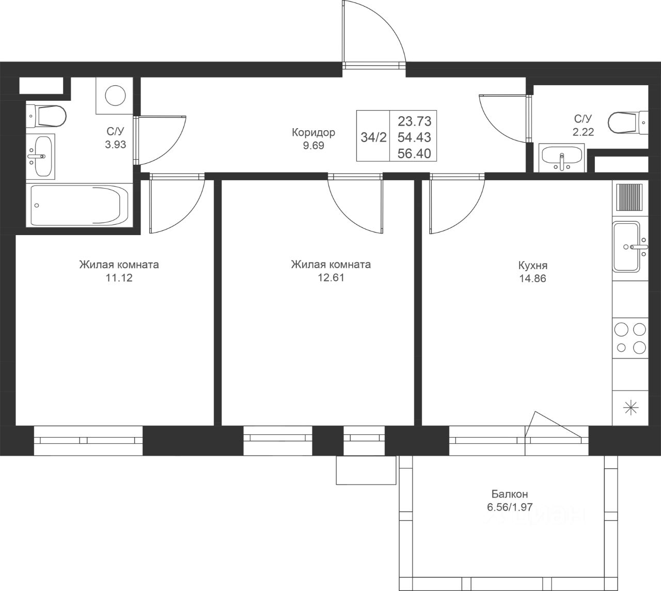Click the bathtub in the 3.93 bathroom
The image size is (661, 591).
point(80,205)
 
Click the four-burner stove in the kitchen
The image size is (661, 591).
point(630,338)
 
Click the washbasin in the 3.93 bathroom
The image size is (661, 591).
point(41,156)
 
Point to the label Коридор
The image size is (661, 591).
point(313,132)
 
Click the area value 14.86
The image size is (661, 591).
point(533,278)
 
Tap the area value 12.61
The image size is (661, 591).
point(331,277)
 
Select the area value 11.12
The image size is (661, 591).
point(119,278)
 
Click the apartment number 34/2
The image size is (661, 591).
point(373,137)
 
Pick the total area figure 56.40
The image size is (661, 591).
point(414,153)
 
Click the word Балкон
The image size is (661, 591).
point(510,494)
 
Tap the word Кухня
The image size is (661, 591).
point(533,266)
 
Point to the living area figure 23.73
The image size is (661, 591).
point(414,121)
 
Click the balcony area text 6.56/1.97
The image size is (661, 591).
point(510,507)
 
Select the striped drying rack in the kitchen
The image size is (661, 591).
point(629,197)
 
